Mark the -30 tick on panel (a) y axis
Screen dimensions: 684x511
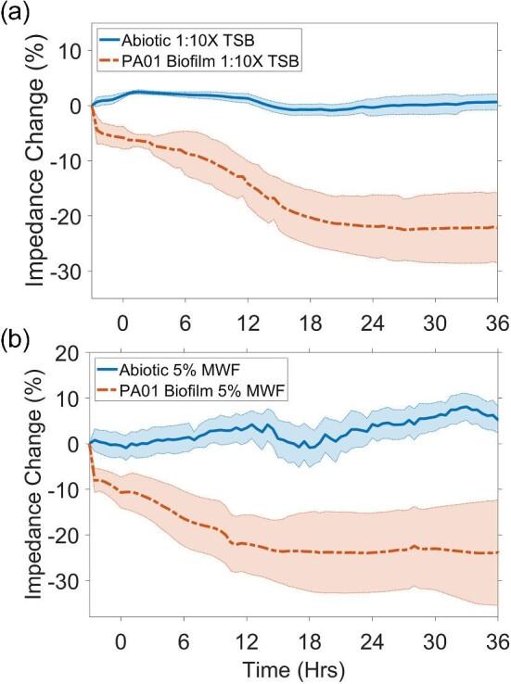tap(64, 271)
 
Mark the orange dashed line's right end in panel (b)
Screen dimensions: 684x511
tap(498, 552)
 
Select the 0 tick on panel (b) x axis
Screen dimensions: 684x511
tap(121, 641)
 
